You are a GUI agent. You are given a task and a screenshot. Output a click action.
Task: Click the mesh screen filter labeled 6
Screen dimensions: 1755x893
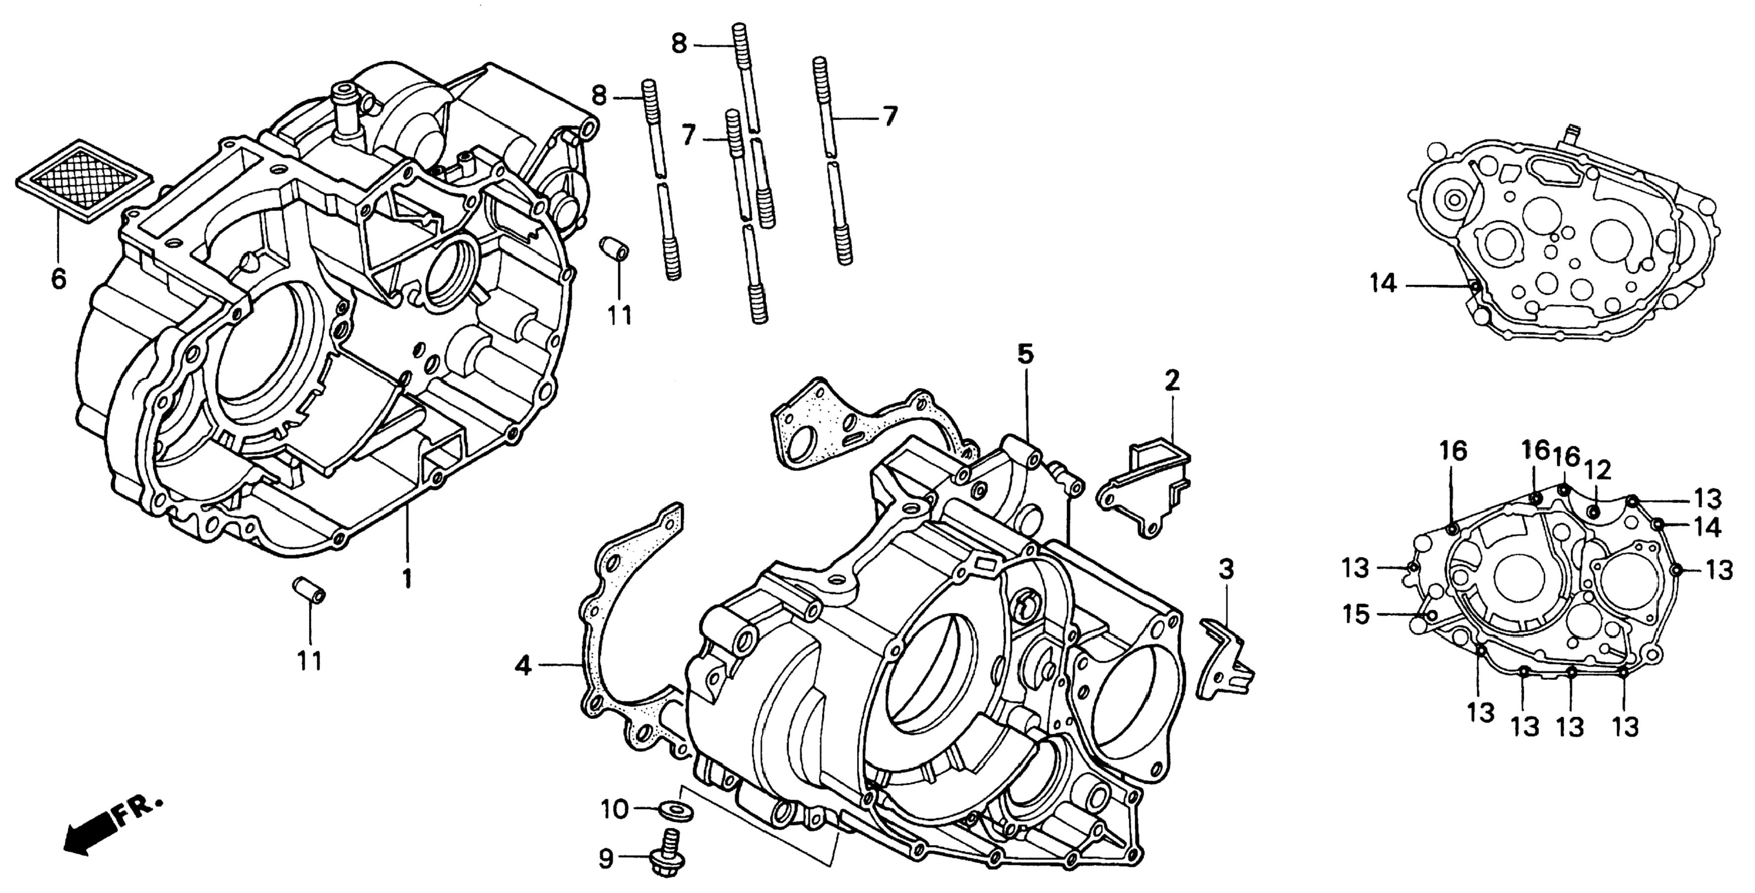(83, 181)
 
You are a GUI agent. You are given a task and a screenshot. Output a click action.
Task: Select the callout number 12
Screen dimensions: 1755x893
(1598, 469)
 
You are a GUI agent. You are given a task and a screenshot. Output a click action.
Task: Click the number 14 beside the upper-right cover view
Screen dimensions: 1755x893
(1384, 283)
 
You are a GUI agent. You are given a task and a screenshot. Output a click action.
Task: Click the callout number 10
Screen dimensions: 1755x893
(614, 808)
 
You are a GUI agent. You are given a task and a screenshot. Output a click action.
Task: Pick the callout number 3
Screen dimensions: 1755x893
(1226, 569)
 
